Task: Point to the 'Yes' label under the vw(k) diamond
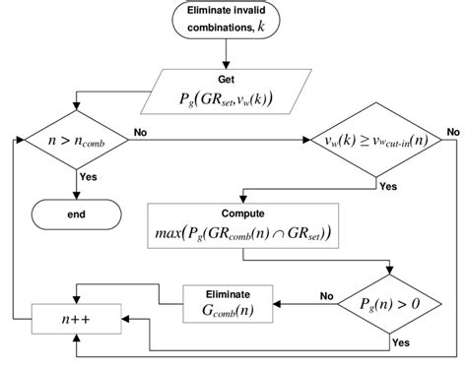coord(388,184)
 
